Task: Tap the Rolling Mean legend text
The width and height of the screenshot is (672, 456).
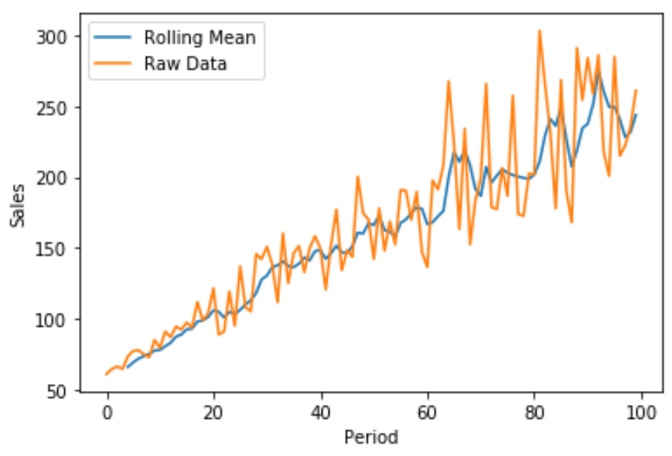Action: tap(200, 37)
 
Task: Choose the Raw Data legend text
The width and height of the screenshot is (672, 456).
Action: tap(186, 63)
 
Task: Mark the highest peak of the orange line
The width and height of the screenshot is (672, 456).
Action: tap(540, 31)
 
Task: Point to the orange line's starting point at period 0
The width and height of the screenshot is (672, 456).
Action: tap(107, 374)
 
